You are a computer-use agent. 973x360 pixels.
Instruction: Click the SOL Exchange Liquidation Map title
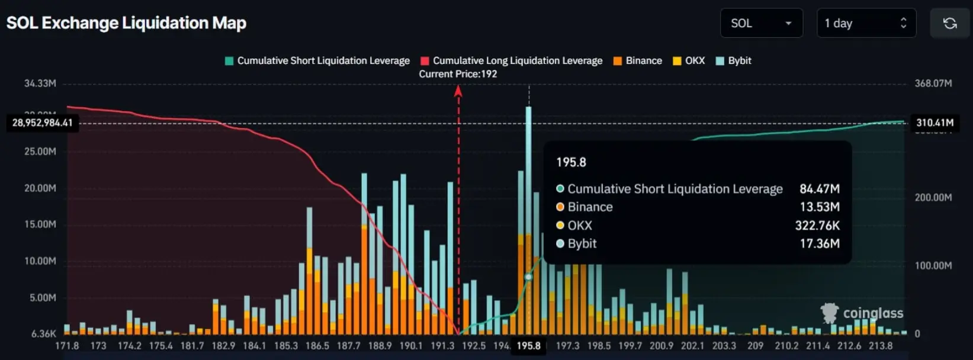126,23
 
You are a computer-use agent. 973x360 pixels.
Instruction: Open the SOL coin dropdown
761,23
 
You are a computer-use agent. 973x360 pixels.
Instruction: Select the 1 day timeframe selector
866,23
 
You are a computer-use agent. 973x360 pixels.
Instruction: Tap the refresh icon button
950,23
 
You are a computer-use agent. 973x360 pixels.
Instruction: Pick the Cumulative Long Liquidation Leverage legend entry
511,60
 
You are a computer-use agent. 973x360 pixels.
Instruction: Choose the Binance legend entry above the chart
637,60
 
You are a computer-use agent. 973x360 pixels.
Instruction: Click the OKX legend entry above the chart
689,60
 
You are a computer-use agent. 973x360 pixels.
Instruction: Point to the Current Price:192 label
458,74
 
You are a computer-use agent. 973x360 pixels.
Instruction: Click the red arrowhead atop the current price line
458,91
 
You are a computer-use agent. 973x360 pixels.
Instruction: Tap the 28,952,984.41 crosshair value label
42,123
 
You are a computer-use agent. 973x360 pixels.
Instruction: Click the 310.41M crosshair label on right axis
935,123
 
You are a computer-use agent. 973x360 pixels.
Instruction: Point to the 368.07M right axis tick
933,83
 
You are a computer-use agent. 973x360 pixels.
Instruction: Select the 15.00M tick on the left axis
40,224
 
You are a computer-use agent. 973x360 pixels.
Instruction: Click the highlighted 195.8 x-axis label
528,346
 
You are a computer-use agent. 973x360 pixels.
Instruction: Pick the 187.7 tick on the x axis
348,346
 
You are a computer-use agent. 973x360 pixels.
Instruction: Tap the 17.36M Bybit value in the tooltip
819,243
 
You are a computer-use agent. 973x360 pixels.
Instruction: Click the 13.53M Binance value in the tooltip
819,207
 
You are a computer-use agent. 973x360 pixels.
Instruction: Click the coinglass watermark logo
862,313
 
